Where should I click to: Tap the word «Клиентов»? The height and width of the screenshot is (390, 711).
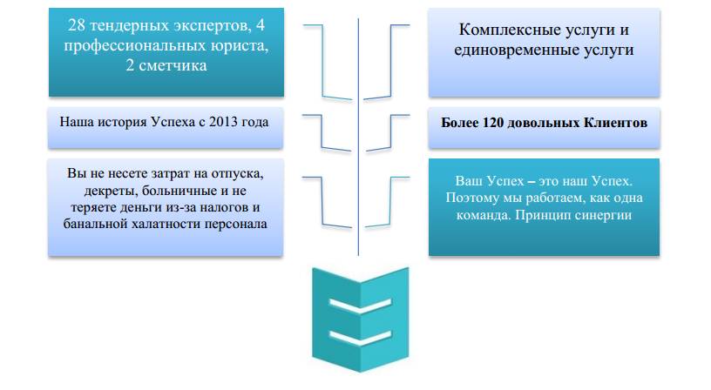pos(614,123)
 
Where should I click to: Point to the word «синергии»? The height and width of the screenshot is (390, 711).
pos(602,215)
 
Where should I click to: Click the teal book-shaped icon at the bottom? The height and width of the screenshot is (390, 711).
pos(359,318)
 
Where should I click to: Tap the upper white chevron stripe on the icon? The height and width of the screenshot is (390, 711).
pos(359,306)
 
